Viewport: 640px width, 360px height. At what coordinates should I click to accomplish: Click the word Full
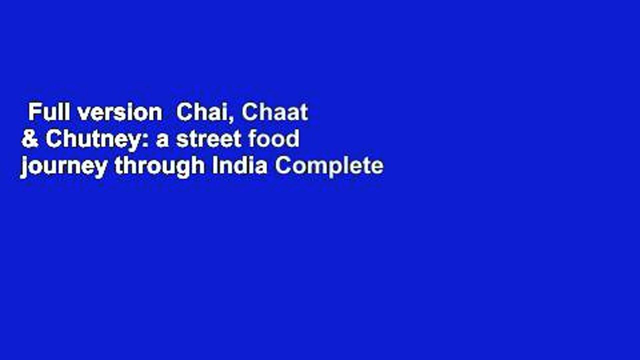(x=47, y=113)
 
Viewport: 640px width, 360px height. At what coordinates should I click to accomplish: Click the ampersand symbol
(x=29, y=139)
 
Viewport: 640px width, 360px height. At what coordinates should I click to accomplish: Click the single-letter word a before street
(x=162, y=141)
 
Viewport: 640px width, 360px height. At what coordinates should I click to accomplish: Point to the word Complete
(x=328, y=166)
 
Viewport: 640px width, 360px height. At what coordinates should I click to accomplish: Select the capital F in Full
(x=33, y=113)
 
